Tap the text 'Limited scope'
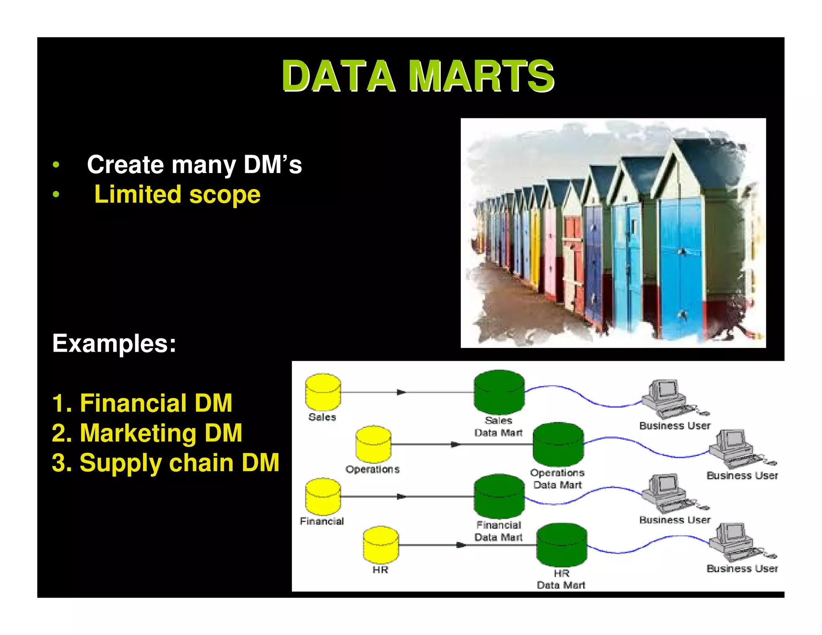(177, 195)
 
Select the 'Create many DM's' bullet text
(194, 165)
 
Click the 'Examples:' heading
(114, 344)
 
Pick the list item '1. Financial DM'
(142, 403)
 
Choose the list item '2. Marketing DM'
(147, 433)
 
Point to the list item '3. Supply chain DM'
(165, 463)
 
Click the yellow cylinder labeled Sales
(323, 392)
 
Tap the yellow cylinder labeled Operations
(373, 444)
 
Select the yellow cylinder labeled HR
(380, 545)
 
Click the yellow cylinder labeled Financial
(323, 497)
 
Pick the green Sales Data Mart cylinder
(499, 392)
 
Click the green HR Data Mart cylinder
(562, 545)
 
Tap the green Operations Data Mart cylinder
(558, 444)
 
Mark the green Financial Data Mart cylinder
(499, 497)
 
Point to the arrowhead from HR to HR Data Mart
(461, 545)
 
